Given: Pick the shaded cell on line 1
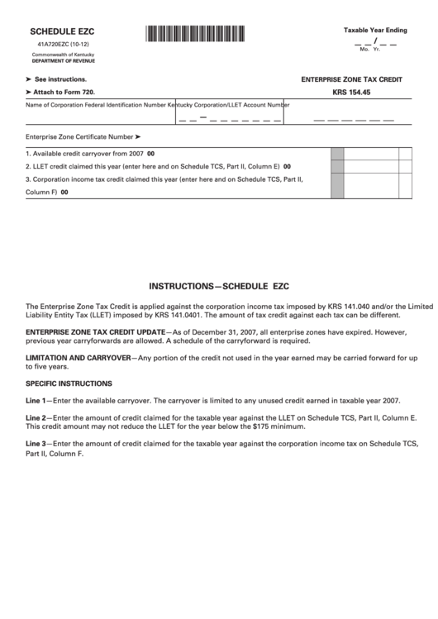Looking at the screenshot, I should (337, 153).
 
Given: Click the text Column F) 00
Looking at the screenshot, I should (47, 192).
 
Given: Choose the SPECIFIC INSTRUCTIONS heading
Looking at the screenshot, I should (69, 383).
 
